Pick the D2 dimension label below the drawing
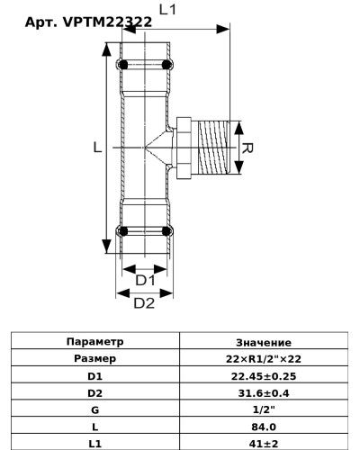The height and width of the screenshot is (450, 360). point(144,303)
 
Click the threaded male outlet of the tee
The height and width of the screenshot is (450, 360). point(213,149)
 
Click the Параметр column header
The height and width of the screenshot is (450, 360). point(95,342)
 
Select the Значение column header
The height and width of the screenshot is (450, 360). point(263,342)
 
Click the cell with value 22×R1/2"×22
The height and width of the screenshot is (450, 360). point(263,359)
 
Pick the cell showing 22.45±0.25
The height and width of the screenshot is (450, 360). point(263,376)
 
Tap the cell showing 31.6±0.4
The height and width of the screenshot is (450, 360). point(263,393)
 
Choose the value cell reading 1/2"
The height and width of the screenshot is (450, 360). point(263,410)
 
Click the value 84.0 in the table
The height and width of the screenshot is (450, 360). point(263,427)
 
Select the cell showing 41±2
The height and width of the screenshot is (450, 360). point(263,444)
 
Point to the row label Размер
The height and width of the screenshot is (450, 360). point(95,359)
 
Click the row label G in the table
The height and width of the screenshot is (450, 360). point(95,410)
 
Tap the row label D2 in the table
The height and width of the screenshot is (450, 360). point(95,393)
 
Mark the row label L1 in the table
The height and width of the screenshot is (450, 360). point(95,444)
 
